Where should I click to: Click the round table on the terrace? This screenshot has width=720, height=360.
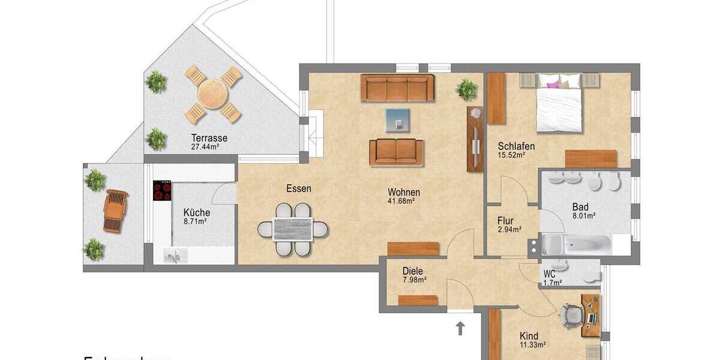coord(213,94)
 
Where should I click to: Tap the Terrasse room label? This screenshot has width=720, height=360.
coord(209,137)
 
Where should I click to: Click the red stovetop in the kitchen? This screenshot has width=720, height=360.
coord(163,191)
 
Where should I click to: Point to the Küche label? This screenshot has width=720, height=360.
coord(196,212)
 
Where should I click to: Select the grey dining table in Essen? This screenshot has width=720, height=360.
coord(293,229)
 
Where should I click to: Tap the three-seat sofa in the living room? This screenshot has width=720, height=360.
coord(398,88)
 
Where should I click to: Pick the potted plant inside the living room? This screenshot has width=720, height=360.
coord(467,89)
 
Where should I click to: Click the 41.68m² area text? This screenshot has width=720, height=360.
coord(403,201)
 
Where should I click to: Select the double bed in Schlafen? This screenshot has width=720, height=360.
coord(559,102)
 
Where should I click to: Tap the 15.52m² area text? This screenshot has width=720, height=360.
coord(512,155)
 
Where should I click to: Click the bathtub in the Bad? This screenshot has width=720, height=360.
coord(576,245)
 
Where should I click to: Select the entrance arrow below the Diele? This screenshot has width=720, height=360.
coord(460,328)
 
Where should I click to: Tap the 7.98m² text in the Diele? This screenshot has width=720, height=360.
coord(414,280)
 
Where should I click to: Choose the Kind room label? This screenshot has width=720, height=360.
coord(529,336)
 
